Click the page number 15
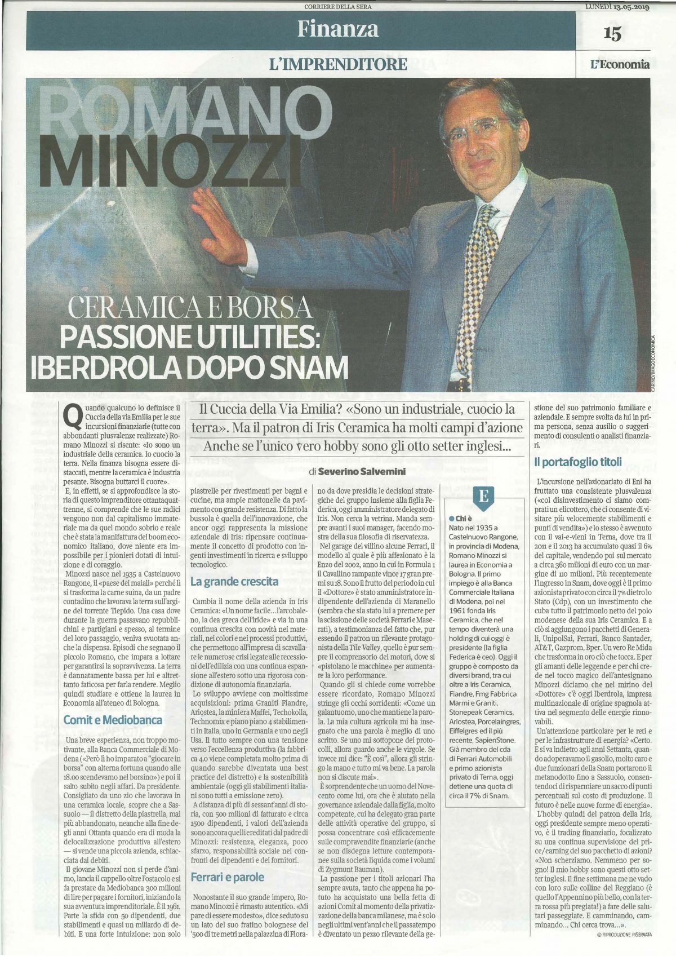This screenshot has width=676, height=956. [612, 34]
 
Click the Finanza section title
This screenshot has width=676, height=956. [338, 28]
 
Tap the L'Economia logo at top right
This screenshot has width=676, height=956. [620, 64]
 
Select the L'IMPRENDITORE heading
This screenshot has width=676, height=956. [338, 64]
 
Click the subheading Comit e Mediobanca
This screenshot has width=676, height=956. [113, 720]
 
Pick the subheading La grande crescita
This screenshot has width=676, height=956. [234, 581]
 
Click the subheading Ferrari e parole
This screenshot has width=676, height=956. [228, 877]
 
